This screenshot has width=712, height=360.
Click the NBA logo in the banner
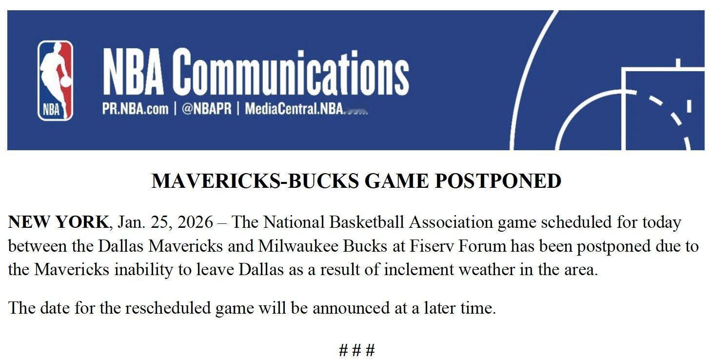tap(55, 80)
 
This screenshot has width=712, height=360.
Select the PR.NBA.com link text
tap(135, 109)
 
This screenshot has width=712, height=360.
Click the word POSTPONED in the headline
tap(498, 181)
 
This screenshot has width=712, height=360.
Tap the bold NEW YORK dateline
tap(58, 222)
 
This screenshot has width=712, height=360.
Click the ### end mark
tap(357, 350)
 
